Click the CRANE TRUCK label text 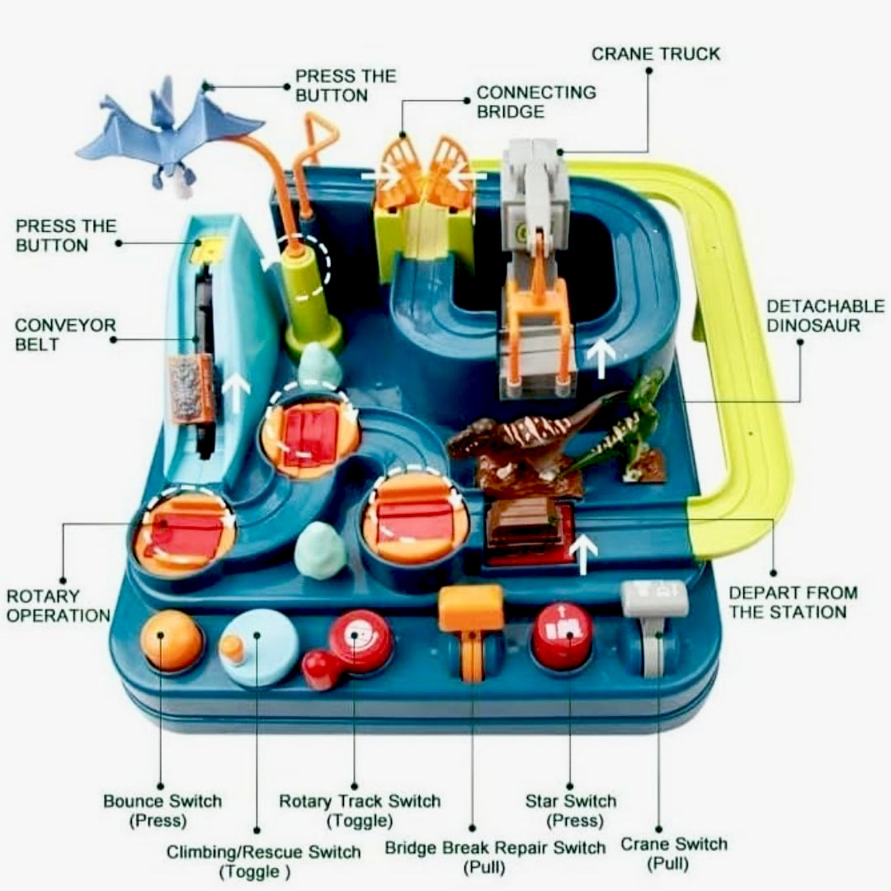(656, 54)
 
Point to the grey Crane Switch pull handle (655, 601)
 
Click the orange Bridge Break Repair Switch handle (471, 610)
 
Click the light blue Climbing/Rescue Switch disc (259, 648)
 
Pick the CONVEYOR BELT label (65, 334)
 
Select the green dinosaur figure (636, 429)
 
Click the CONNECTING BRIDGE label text (535, 101)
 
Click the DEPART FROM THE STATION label (793, 602)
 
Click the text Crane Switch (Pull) (674, 853)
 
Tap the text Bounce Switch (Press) (162, 810)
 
